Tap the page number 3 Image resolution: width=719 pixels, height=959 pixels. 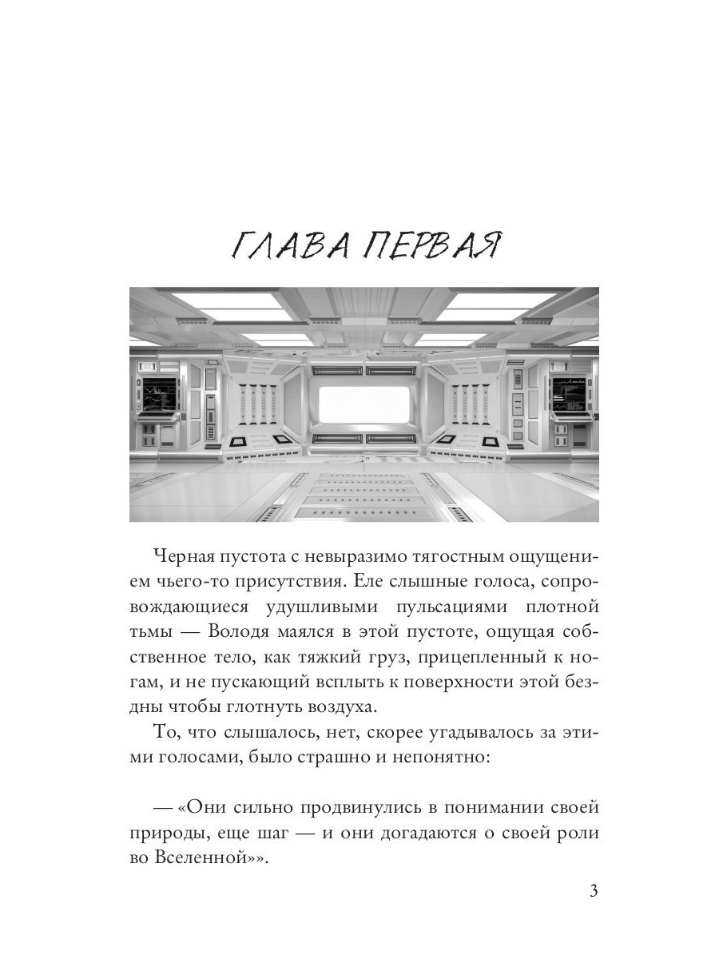click(593, 892)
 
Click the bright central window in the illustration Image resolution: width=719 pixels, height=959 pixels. click(364, 404)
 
